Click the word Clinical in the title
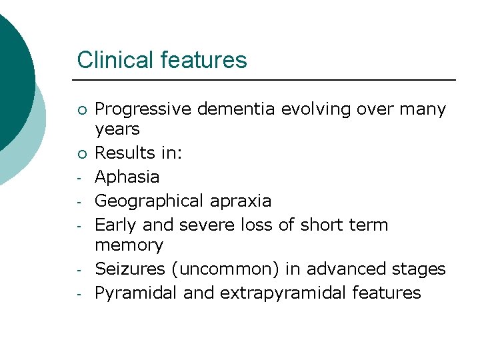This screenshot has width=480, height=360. [x=116, y=60]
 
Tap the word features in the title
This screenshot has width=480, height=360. [x=203, y=60]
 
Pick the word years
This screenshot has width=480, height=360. [x=117, y=129]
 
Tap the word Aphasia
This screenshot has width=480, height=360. [x=127, y=177]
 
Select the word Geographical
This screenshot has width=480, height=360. [x=149, y=201]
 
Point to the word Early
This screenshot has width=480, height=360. [x=116, y=225]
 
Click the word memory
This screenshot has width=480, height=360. [x=129, y=245]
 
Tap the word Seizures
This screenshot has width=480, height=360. [x=129, y=269]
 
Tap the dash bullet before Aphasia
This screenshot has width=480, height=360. [x=79, y=178]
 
